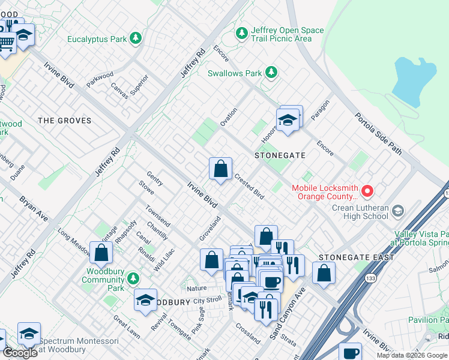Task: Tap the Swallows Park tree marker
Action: coord(271,73)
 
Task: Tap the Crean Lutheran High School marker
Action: coord(398,209)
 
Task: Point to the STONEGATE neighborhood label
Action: coord(279,155)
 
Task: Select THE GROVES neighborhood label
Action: coord(64,121)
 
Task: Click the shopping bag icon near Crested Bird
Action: coord(221,169)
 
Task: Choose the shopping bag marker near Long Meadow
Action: coord(101,253)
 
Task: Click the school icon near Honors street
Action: coord(288,121)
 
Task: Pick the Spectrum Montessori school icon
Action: coord(28,334)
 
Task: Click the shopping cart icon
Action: coord(6,43)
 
